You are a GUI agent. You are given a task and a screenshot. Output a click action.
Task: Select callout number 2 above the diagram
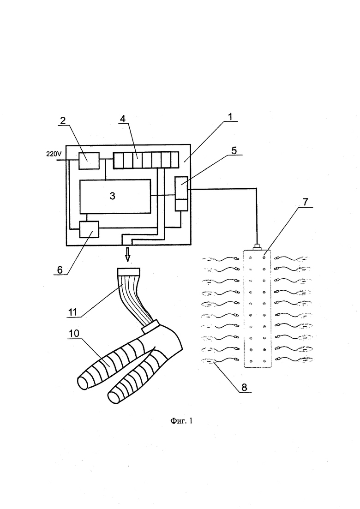62,120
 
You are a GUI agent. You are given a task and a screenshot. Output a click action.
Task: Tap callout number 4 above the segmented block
122,119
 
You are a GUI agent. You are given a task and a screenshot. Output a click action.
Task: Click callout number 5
244,150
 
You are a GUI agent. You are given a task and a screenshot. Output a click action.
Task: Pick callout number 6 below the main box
60,269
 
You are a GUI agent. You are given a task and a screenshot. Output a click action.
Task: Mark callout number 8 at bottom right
244,387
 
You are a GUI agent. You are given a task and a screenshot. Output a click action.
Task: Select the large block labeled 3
115,196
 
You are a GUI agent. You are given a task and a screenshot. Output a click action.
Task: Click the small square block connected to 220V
89,161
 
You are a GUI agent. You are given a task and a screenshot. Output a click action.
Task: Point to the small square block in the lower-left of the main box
89,229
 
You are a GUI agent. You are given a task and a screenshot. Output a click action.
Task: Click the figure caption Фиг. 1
181,421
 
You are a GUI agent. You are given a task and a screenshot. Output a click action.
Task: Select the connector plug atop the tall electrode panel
257,247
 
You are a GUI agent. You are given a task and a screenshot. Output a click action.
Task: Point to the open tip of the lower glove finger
113,398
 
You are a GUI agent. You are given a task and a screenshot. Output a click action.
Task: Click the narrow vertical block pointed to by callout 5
181,194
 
